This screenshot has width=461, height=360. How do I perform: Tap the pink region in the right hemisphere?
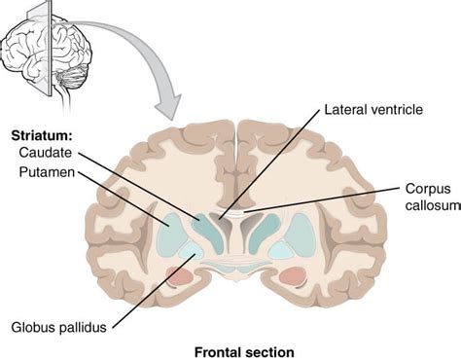[291, 277]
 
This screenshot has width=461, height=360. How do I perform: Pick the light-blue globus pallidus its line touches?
[189, 251]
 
